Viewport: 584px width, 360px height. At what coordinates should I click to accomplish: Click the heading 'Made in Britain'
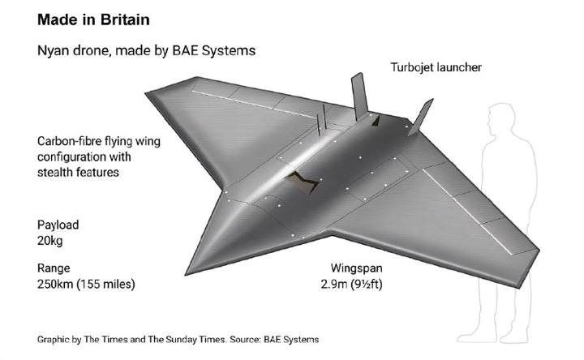[x=93, y=19]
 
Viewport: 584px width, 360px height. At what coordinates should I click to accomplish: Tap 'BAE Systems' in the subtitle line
[x=214, y=50]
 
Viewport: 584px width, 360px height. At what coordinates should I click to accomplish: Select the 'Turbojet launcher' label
[x=436, y=67]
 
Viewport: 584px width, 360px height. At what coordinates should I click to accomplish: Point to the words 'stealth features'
[x=78, y=173]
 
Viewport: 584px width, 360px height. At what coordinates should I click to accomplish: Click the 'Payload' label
[x=58, y=225]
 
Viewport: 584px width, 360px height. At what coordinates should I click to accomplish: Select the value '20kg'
[x=50, y=241]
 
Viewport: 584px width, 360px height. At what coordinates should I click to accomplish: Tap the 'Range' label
[x=54, y=268]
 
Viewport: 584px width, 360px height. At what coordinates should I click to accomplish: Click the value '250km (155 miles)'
[x=86, y=284]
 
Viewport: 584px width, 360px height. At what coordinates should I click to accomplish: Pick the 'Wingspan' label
[x=356, y=268]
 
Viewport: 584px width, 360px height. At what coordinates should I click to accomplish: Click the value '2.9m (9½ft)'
[x=351, y=284]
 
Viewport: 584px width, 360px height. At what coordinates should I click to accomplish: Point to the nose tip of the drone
[x=186, y=275]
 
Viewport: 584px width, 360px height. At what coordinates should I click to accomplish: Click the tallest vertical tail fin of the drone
[x=359, y=96]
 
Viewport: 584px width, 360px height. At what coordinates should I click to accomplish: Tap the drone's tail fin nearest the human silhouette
[x=421, y=117]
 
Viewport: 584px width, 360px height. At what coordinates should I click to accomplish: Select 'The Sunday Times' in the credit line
[x=187, y=340]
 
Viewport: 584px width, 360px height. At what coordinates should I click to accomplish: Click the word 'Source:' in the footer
[x=245, y=340]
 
